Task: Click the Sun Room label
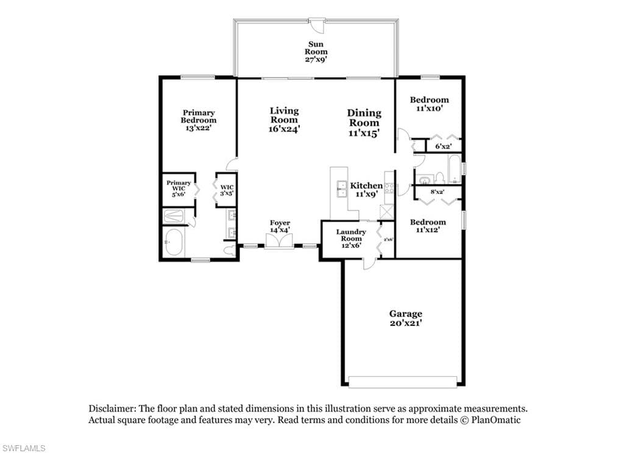pos(316,47)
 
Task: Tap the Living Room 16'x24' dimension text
pos(284,129)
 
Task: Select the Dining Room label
pos(364,118)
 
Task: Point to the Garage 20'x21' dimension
pos(405,323)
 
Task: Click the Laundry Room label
pos(351,235)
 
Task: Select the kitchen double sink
pos(341,189)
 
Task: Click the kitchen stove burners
pos(389,188)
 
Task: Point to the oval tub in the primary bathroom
pos(174,242)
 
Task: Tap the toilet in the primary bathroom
pos(229,251)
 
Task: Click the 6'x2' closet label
pos(443,146)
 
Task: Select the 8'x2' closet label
pos(438,192)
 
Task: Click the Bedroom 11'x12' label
pos(428,226)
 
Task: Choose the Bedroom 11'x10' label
pos(430,104)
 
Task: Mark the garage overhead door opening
pos(403,382)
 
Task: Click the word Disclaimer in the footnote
pos(111,409)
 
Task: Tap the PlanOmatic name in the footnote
pos(496,420)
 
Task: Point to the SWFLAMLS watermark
pos(23,448)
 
